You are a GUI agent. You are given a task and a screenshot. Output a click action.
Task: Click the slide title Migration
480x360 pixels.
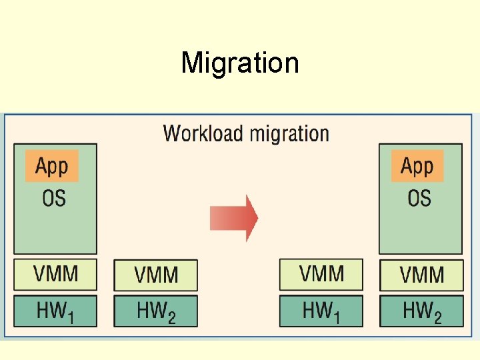pyautogui.click(x=240, y=63)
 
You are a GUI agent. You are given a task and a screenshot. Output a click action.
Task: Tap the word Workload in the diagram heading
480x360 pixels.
pyautogui.click(x=203, y=133)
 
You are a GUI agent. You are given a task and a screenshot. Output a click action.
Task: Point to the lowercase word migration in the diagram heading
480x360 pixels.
pyautogui.click(x=289, y=134)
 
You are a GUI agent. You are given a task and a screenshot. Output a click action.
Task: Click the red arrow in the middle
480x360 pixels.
pyautogui.click(x=234, y=218)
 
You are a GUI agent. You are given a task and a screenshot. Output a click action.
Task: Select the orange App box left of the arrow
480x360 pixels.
pyautogui.click(x=52, y=166)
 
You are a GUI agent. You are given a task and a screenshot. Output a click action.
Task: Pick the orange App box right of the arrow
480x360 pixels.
pyautogui.click(x=417, y=166)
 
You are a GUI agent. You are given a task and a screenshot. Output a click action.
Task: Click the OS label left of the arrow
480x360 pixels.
pyautogui.click(x=54, y=198)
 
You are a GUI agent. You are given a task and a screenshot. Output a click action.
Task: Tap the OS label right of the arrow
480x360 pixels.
pyautogui.click(x=419, y=198)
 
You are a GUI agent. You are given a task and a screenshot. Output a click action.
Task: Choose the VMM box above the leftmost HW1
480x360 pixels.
pyautogui.click(x=55, y=274)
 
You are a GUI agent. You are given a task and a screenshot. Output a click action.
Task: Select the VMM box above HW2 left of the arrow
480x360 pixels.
pyautogui.click(x=156, y=275)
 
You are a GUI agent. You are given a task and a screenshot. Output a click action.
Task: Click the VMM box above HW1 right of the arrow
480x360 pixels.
pyautogui.click(x=321, y=274)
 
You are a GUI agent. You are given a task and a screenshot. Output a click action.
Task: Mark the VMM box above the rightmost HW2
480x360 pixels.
pyautogui.click(x=421, y=275)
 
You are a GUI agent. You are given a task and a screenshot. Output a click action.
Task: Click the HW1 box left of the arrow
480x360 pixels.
pyautogui.click(x=55, y=311)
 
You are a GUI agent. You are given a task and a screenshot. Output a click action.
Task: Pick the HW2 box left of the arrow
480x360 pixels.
pyautogui.click(x=156, y=311)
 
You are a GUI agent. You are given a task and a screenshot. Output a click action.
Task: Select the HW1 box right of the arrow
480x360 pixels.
pyautogui.click(x=321, y=311)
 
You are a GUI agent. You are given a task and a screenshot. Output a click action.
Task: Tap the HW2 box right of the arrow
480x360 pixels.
pyautogui.click(x=421, y=311)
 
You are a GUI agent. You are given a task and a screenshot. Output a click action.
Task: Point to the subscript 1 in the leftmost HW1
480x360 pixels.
pyautogui.click(x=70, y=316)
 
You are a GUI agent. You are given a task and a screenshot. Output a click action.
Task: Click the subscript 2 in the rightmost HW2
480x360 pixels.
pyautogui.click(x=437, y=317)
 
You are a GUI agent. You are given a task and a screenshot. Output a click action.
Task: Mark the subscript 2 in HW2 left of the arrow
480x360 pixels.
pyautogui.click(x=172, y=317)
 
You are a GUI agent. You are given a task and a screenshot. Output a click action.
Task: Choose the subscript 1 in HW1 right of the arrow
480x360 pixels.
pyautogui.click(x=336, y=316)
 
